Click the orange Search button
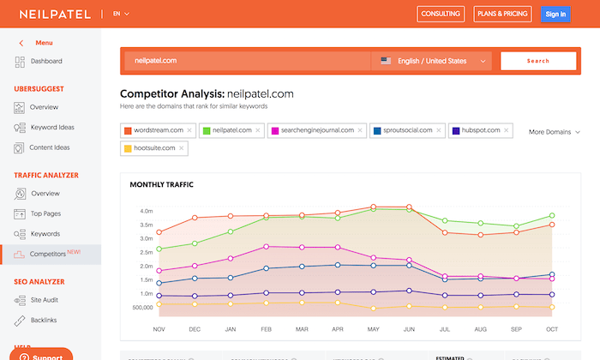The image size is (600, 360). coord(538,61)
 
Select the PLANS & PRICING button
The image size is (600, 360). coord(502,14)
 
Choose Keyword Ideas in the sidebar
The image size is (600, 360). coord(52,128)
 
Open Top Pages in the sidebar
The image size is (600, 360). coord(45,213)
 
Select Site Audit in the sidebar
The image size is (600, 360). coord(45,299)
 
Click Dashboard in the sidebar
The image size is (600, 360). coord(45,62)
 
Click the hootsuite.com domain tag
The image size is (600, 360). coord(154,148)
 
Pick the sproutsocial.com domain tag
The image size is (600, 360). coord(404,130)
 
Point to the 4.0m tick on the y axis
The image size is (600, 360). coord(145,211)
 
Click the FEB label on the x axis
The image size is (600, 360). coord(266,328)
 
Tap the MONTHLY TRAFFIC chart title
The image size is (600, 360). coord(161,184)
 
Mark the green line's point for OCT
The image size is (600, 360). coord(552,215)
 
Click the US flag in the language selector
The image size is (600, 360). coord(386,61)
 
